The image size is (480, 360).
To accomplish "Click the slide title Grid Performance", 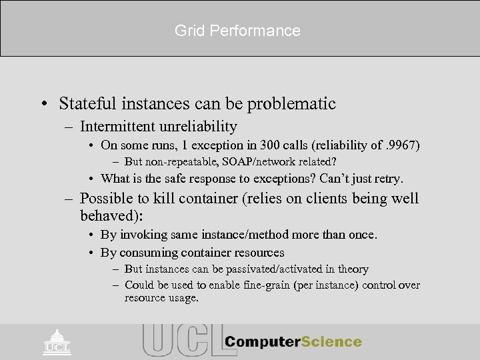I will coord(237,31).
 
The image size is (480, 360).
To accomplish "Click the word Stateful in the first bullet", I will coord(86,104).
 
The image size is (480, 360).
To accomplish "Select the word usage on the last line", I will coord(183,298).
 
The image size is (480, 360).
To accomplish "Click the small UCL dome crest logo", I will coord(57,341).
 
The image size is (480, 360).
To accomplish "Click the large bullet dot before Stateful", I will coord(44,105).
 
